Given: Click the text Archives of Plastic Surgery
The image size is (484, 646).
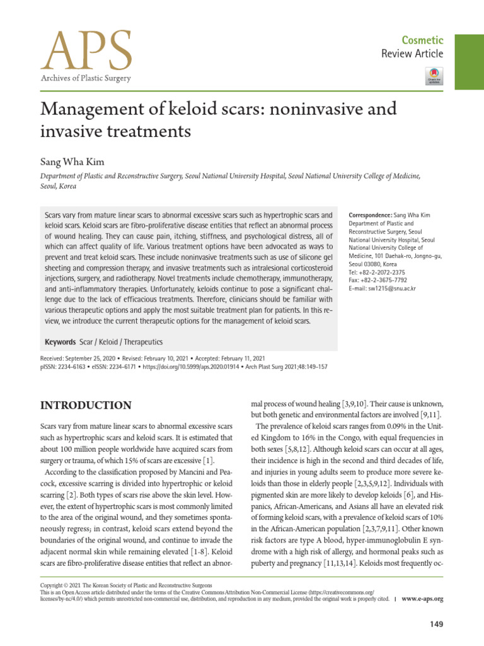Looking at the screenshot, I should click(85, 78).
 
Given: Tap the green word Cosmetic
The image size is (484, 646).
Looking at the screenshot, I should click(423, 39).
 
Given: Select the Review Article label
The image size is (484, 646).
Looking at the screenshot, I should click(412, 54).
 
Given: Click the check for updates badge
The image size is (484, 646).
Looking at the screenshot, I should click(435, 76).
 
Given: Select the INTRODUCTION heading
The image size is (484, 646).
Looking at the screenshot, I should click(86, 405).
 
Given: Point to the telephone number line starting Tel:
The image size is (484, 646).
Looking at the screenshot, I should click(377, 273).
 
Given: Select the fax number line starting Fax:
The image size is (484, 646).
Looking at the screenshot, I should click(377, 281).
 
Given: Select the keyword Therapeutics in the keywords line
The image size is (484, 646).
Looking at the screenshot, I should click(144, 341).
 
